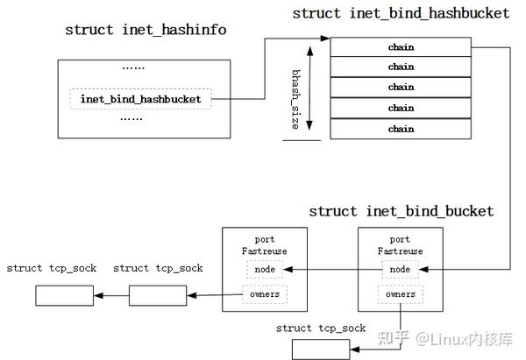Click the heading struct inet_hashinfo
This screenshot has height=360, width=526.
coord(146,30)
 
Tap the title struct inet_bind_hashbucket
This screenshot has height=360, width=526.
coord(401,13)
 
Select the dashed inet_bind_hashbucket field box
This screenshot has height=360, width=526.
coord(140,99)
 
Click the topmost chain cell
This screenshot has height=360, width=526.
coord(401,46)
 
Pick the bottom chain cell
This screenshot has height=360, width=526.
coord(401,129)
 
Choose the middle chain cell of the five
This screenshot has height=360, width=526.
coord(401,88)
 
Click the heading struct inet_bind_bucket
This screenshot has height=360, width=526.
coord(401,211)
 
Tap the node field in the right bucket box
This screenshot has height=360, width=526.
coord(400,270)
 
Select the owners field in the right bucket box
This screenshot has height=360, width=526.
coord(400,294)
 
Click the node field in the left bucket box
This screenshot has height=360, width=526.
coord(265,270)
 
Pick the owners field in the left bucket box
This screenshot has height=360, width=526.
coord(265,294)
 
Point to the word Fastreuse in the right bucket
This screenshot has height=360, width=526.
coord(400,251)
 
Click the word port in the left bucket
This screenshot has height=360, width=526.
coord(265,240)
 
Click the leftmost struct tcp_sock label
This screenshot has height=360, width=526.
coord(51,268)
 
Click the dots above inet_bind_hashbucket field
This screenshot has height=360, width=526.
coord(133,67)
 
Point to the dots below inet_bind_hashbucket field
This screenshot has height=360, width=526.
coord(131,116)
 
